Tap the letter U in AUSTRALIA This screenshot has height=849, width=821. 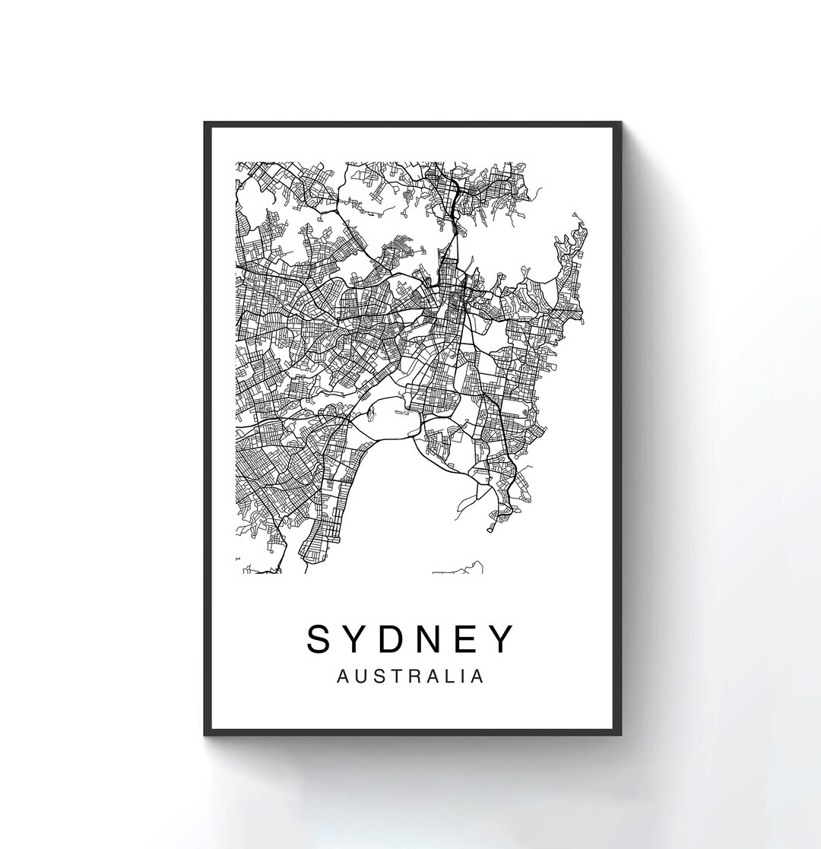coord(359,676)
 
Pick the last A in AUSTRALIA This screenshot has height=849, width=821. coord(477,676)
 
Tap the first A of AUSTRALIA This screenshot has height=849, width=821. coord(341,676)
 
